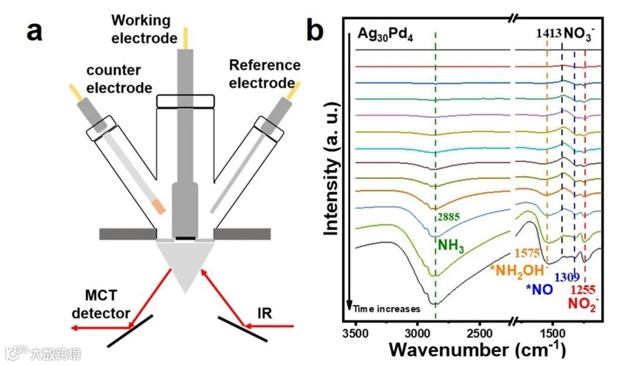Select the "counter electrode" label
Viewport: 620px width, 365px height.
(x=116, y=79)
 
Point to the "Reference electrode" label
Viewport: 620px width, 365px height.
(x=264, y=74)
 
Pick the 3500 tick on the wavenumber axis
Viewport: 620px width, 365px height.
(x=354, y=334)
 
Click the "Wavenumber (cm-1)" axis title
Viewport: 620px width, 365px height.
(x=477, y=350)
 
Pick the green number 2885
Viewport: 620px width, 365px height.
(x=449, y=216)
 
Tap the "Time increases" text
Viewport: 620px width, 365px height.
(x=387, y=308)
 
